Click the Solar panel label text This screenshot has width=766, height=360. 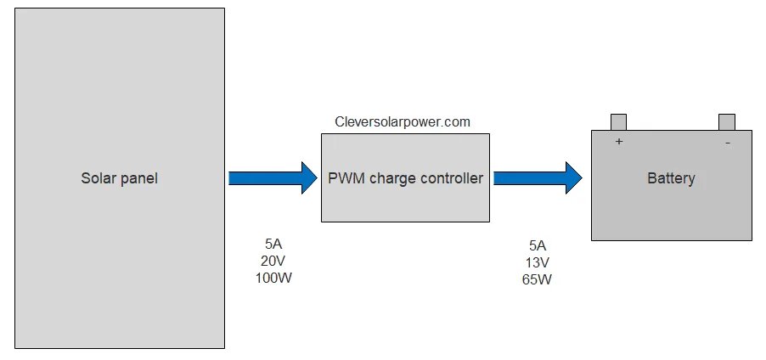coord(119,178)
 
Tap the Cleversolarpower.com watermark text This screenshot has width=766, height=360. coord(403,122)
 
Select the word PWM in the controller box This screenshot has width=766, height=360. coord(345,178)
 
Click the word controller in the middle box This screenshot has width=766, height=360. coord(447,178)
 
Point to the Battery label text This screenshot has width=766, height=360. coord(671,178)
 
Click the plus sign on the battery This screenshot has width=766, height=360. coord(619,142)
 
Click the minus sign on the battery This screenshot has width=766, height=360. coord(727,143)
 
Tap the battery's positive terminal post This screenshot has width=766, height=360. coord(618,122)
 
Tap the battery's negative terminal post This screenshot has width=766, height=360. coord(726,122)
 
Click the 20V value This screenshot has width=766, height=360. coord(273,262)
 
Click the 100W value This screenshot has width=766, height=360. coord(273,278)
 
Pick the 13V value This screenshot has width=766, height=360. coord(537,262)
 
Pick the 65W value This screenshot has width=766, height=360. coord(537,279)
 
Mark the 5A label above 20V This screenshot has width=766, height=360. coord(273,245)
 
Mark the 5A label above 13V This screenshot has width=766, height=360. coord(537,245)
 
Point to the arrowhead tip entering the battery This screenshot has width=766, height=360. coord(580,178)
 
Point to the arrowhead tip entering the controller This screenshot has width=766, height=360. coord(315,178)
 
